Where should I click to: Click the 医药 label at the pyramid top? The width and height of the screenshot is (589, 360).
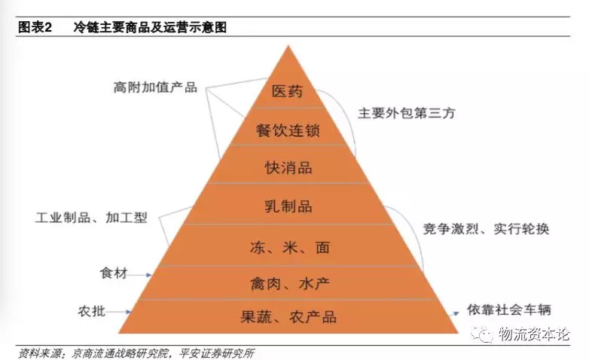[x=288, y=91]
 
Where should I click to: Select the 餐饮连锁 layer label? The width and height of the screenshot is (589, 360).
[x=288, y=130]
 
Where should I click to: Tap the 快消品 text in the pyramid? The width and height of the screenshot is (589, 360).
[x=288, y=168]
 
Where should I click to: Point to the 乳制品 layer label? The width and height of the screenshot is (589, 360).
[x=288, y=206]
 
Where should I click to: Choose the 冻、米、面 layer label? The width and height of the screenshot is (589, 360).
[x=290, y=247]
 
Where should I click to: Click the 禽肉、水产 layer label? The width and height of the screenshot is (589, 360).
[x=290, y=283]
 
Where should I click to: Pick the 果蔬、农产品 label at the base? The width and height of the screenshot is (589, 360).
[x=288, y=317]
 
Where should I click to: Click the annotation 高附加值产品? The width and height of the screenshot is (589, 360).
[x=155, y=87]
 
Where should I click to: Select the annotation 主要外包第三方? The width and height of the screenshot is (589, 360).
[x=407, y=113]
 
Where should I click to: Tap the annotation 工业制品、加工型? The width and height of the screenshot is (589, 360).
[x=91, y=217]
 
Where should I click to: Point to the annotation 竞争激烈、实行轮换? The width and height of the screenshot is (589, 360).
[x=486, y=228]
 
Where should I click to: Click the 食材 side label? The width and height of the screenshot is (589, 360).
[x=114, y=273]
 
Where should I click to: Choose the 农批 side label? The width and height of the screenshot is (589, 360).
[x=92, y=311]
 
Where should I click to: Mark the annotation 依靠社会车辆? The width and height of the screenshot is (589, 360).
[x=509, y=310]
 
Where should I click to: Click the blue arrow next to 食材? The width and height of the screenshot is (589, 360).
[x=139, y=275]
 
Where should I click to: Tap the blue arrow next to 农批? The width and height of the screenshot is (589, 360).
[x=118, y=312]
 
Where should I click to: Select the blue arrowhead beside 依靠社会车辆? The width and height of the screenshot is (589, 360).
[x=455, y=313]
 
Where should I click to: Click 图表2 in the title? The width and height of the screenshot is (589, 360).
[x=35, y=27]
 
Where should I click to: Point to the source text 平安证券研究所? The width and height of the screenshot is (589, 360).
[x=217, y=353]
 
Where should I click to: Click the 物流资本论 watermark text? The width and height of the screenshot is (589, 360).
[x=534, y=334]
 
